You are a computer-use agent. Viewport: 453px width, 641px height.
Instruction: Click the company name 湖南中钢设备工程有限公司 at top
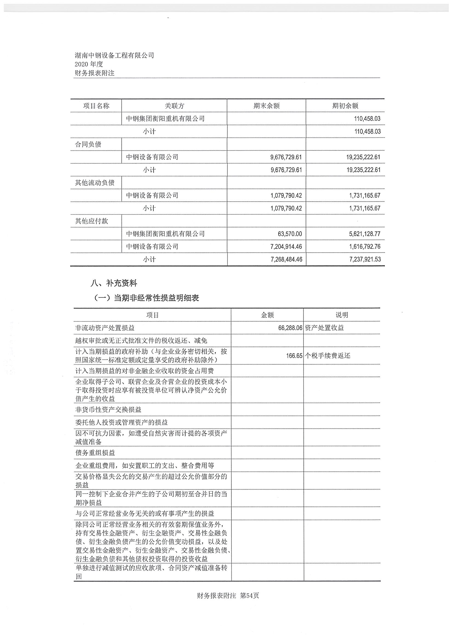point(114,55)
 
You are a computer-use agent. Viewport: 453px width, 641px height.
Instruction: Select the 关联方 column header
point(174,106)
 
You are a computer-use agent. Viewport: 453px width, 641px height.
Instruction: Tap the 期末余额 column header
point(266,106)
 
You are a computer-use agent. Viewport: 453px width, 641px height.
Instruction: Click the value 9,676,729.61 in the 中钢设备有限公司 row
point(286,157)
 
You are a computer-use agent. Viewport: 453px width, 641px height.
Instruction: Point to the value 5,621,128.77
point(365,234)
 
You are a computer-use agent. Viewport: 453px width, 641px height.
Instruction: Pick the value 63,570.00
point(290,234)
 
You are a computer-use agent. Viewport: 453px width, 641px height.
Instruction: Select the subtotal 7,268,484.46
point(286,259)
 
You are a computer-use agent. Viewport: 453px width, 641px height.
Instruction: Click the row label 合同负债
point(88,144)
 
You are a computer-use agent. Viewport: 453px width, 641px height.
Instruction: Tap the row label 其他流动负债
point(94,183)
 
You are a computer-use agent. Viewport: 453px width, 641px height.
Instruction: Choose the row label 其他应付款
point(91,221)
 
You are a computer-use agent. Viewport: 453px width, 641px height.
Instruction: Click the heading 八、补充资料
point(114,283)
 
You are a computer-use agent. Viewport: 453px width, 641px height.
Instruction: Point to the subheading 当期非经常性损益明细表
point(156,298)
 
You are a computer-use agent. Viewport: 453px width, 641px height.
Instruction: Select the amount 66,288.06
point(290,328)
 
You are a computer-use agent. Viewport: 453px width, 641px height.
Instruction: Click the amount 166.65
point(294,356)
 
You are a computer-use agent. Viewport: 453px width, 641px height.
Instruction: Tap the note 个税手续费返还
point(328,356)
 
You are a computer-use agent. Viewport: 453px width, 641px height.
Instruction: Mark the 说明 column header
point(342,315)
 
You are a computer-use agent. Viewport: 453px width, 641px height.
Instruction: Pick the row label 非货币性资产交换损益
point(108,410)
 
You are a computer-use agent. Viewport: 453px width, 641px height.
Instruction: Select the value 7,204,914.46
point(286,247)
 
